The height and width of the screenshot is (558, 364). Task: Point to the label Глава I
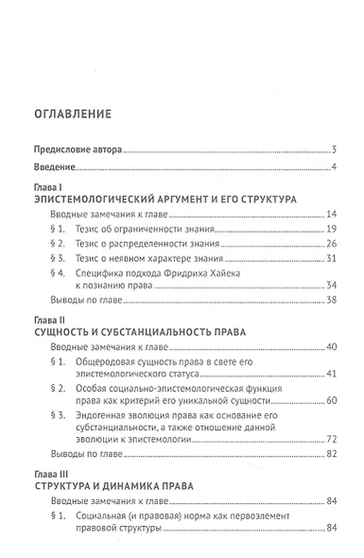pos(47,190)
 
